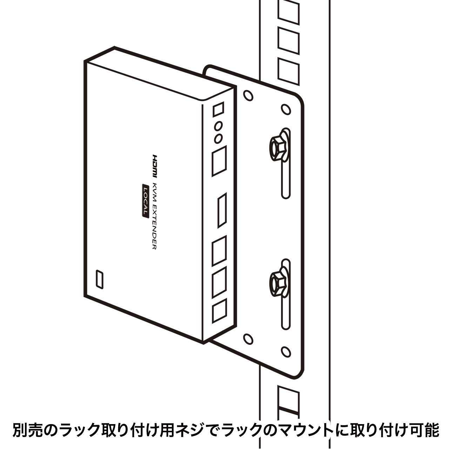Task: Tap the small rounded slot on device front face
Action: (x=100, y=279)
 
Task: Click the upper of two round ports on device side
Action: (x=218, y=127)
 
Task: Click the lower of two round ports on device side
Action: (x=218, y=139)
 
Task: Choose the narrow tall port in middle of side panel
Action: (x=222, y=210)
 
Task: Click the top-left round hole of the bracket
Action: (x=248, y=95)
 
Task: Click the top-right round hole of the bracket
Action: (x=286, y=109)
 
